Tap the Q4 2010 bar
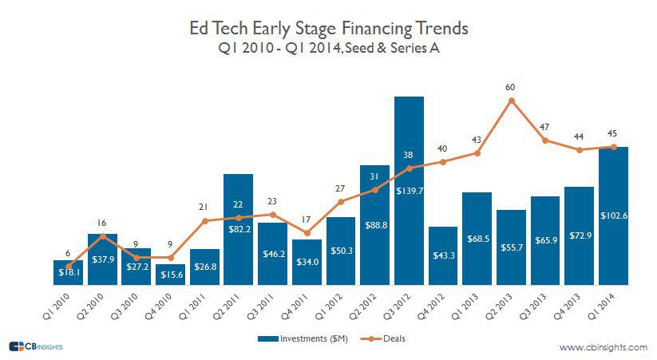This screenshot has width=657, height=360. (170, 274)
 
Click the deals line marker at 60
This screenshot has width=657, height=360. (511, 101)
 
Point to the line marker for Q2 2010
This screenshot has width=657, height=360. (102, 235)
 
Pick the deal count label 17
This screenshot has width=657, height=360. (307, 220)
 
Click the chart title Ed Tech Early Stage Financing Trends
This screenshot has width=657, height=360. (328, 30)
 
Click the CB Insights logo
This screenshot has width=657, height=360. (36, 346)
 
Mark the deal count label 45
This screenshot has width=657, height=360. (613, 133)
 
